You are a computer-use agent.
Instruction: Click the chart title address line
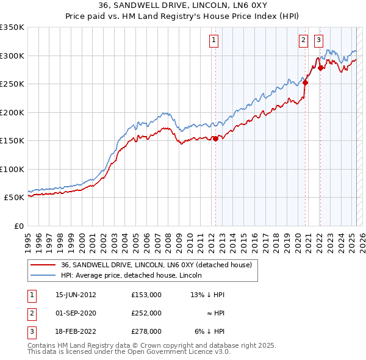(183, 5)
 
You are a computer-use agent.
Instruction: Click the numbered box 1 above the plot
(215, 41)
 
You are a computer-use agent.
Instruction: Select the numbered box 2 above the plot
(303, 41)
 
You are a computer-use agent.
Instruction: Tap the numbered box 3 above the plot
(319, 41)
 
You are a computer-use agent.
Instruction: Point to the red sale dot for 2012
(215, 139)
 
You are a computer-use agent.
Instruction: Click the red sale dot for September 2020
(306, 83)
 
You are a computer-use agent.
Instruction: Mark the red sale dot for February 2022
(320, 68)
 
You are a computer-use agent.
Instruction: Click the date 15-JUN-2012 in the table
(76, 295)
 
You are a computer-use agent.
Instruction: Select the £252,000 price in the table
(146, 313)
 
